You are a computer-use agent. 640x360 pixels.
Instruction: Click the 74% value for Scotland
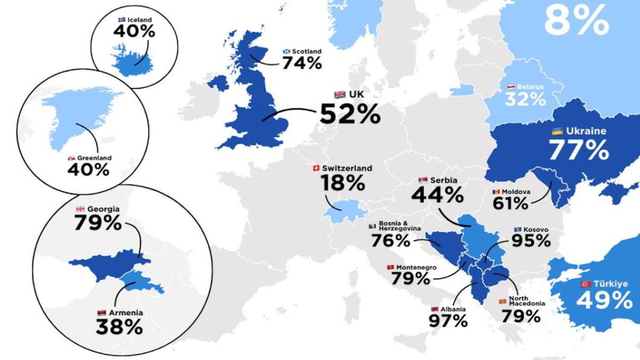tap(302, 63)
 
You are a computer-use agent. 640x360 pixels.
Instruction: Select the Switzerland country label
tap(347, 168)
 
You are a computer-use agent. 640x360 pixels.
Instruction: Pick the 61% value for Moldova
tap(510, 203)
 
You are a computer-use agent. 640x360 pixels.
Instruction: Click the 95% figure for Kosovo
tap(531, 241)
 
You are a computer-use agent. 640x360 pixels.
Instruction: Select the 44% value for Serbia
tap(437, 195)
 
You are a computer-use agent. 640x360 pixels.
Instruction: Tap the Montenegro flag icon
tap(390, 267)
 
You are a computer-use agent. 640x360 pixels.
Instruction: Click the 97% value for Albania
tap(449, 321)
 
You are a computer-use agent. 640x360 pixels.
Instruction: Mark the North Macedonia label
tap(526, 300)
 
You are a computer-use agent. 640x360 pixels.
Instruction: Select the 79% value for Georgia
tap(98, 222)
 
